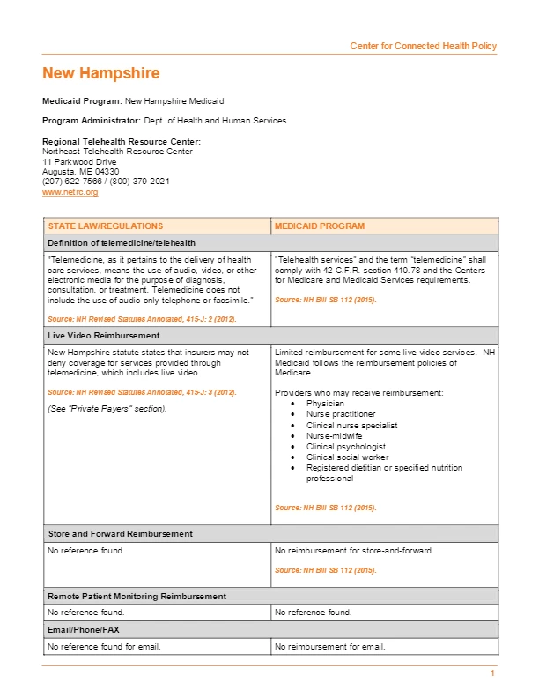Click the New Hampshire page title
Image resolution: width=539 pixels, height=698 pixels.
coord(101,73)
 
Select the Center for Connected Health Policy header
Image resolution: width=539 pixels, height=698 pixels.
coord(423,46)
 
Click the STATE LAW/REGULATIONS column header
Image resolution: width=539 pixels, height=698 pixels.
coord(106,226)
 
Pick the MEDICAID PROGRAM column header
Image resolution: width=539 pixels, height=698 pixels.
coord(319,226)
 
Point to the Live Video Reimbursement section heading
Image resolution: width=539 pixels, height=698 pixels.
coord(104,336)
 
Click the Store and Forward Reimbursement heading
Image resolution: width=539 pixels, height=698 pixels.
coord(120,534)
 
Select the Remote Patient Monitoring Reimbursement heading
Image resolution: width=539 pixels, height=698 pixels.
coord(137,597)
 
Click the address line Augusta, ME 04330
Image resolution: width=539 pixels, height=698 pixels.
coord(75,171)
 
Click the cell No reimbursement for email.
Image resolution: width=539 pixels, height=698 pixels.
coord(330,647)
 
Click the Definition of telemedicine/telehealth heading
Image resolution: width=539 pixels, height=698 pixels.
coord(122,242)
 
